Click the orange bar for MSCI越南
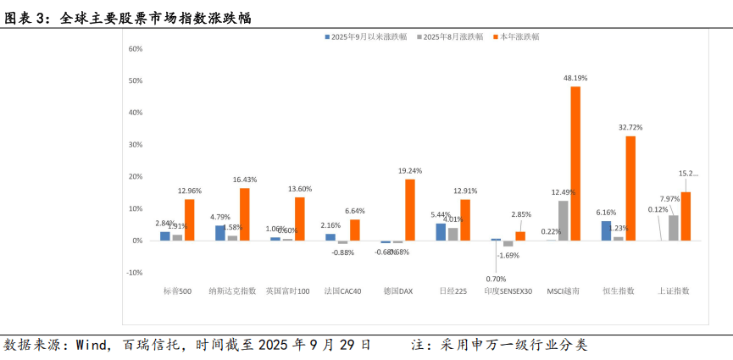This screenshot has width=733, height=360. (575, 163)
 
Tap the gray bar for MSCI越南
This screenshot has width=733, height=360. (564, 220)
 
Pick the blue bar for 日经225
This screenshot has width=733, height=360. (441, 231)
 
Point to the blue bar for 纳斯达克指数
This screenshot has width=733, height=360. (220, 233)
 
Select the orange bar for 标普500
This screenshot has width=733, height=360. (189, 219)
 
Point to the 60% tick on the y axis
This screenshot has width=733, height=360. (135, 48)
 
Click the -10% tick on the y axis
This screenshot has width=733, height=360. (134, 273)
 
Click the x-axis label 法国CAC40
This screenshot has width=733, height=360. (342, 291)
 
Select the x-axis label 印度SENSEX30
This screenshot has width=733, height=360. (508, 291)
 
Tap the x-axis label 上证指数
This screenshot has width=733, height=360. (674, 291)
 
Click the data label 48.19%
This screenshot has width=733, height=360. (575, 78)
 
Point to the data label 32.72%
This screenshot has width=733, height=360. (630, 127)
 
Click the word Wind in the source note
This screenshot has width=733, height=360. (92, 346)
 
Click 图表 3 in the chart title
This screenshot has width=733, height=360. (26, 17)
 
